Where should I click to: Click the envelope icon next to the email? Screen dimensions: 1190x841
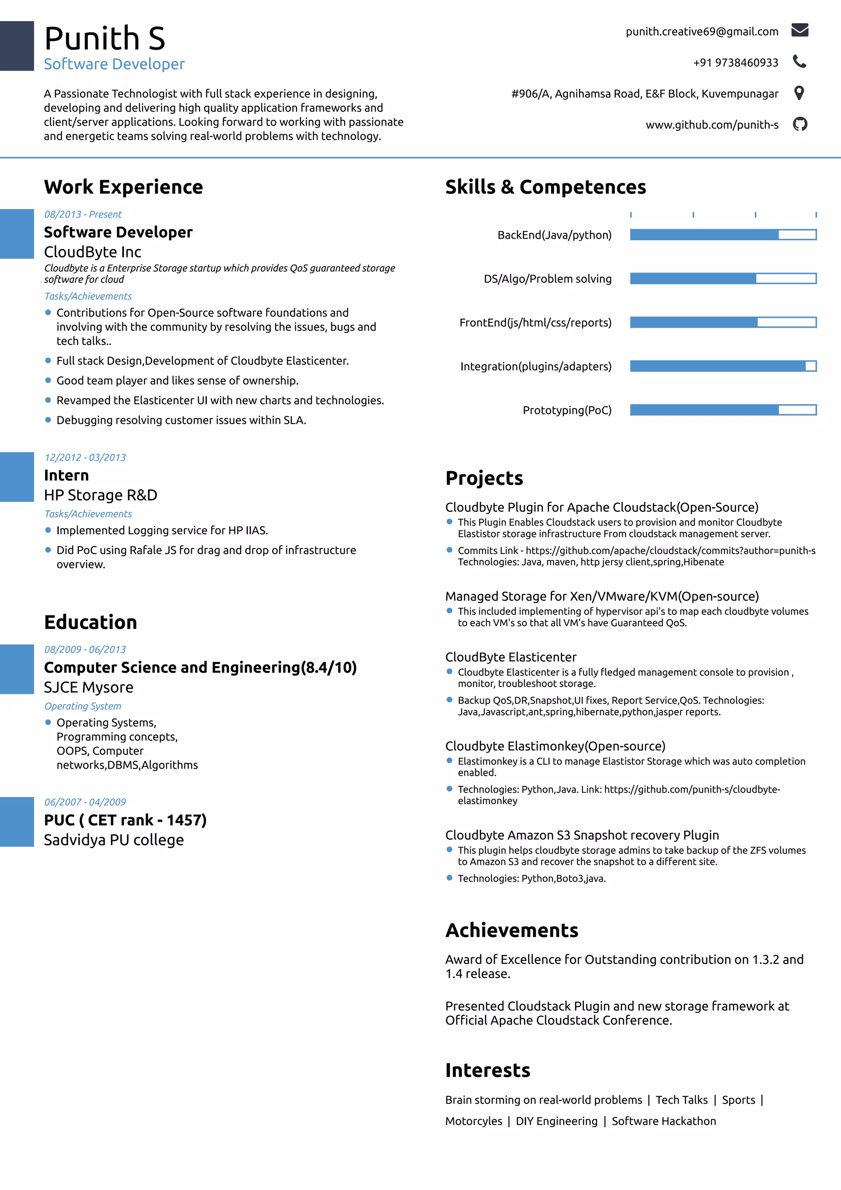coord(800,30)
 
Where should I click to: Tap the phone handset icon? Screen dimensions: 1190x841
coord(800,62)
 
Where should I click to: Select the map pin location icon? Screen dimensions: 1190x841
coord(799,93)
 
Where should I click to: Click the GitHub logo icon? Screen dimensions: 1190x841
coord(800,124)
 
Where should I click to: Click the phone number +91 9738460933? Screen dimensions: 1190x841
coord(735,63)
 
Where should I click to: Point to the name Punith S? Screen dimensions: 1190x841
coord(105,38)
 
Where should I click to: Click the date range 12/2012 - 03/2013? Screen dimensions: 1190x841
coord(85,457)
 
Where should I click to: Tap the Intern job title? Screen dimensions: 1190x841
coord(67,475)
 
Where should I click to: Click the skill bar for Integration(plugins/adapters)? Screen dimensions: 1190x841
coord(723,366)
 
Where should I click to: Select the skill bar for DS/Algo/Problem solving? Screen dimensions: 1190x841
coord(723,279)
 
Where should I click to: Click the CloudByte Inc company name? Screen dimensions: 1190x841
coord(92,252)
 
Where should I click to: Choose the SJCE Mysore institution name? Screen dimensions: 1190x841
coord(89,687)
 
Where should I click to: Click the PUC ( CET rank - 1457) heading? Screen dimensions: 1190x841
coord(125,820)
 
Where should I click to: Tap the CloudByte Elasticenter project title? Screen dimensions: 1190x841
coord(510,657)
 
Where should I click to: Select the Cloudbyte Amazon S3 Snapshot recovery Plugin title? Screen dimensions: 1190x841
coord(582,835)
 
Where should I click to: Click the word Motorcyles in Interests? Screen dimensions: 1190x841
coord(473,1121)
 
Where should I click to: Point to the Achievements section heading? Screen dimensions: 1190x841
coord(511,930)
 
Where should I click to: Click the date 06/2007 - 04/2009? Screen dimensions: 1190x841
coord(85,802)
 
